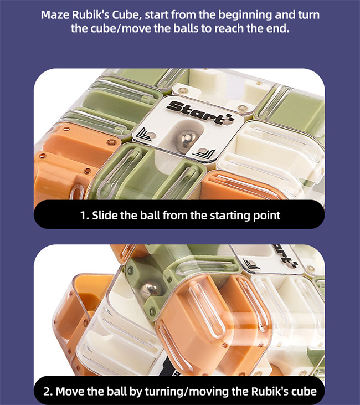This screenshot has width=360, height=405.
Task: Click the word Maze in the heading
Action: [x=55, y=15]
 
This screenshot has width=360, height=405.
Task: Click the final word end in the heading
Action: [x=280, y=28]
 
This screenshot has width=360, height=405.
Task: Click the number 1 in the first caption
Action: [x=84, y=215]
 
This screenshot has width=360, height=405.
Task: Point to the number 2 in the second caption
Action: [x=48, y=392]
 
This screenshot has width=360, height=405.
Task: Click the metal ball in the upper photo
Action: [x=188, y=139]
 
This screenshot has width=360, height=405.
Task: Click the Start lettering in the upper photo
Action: [x=200, y=113]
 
